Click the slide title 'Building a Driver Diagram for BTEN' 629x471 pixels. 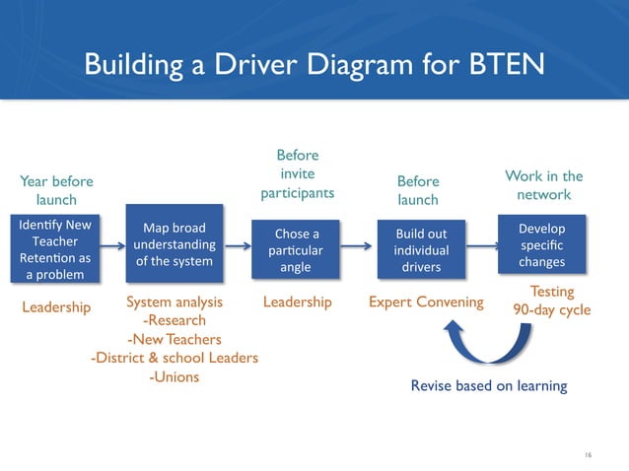pos(314,64)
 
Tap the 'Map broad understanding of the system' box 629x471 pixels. pos(175,243)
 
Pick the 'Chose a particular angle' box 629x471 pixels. pos(297,249)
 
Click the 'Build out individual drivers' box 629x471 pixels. pos(421,249)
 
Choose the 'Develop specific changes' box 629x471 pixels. pos(541,245)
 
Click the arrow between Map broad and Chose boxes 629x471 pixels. pos(241,249)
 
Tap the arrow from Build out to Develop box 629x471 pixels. pos(483,248)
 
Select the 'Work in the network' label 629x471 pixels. pos(543,185)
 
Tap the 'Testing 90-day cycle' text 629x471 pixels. pos(551,301)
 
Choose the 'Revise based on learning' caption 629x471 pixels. pos(488,385)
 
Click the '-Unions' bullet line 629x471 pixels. pos(173,376)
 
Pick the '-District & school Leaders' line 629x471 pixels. pos(174,358)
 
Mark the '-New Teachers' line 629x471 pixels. pos(174,339)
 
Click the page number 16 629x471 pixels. pos(588,453)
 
